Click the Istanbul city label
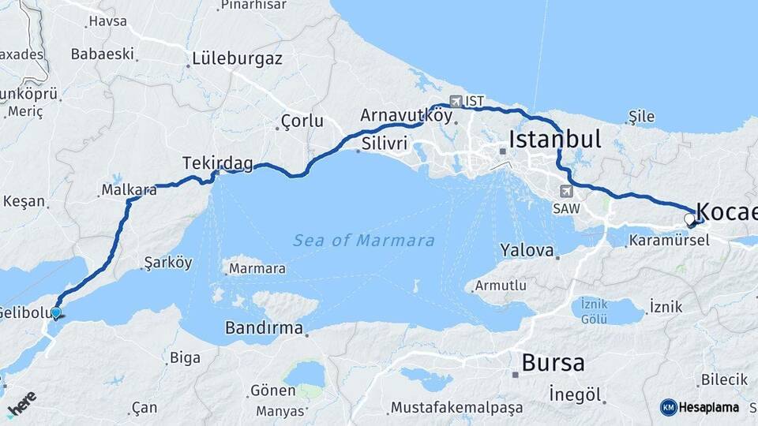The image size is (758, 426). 555,140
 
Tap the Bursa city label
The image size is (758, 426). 553,363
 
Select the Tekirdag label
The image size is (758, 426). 218,163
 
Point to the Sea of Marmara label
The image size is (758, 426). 363,240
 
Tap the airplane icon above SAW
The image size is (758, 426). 566,191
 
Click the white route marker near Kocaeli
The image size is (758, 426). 689,219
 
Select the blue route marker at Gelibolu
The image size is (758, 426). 56,313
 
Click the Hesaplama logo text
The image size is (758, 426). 708,407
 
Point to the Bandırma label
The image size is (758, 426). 264,327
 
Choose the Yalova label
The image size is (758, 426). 527,251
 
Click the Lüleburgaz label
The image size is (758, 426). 235,58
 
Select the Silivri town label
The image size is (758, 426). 385,144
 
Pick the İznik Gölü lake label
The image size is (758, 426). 594,312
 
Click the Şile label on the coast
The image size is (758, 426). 641,117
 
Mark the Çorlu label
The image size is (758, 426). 302,121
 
